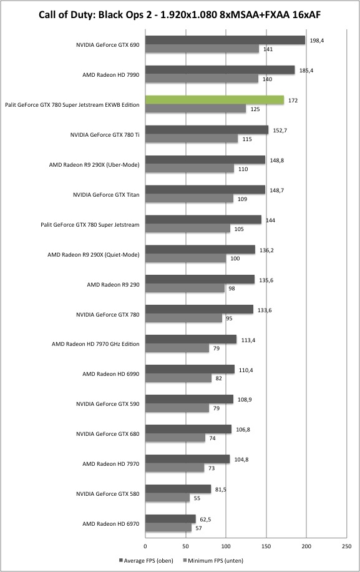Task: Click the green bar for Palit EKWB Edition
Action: click(x=215, y=100)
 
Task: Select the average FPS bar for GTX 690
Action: click(x=225, y=40)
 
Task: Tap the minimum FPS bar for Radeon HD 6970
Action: click(x=168, y=528)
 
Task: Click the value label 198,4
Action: click(x=317, y=41)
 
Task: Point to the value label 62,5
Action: click(x=205, y=519)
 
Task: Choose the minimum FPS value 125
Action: click(x=255, y=109)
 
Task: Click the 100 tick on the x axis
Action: click(x=226, y=546)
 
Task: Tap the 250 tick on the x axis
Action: click(x=347, y=546)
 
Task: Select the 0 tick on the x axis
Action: click(x=145, y=546)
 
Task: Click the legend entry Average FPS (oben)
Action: click(x=146, y=560)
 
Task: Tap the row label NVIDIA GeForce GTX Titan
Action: click(x=106, y=195)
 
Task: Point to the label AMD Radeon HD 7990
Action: click(x=111, y=75)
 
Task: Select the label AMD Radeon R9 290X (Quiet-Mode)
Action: click(x=94, y=255)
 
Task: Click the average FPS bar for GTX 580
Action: click(x=178, y=489)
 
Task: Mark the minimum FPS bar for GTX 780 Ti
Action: click(x=192, y=139)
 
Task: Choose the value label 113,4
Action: click(x=248, y=340)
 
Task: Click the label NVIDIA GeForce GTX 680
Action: click(x=107, y=434)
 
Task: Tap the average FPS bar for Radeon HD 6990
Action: click(x=190, y=369)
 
